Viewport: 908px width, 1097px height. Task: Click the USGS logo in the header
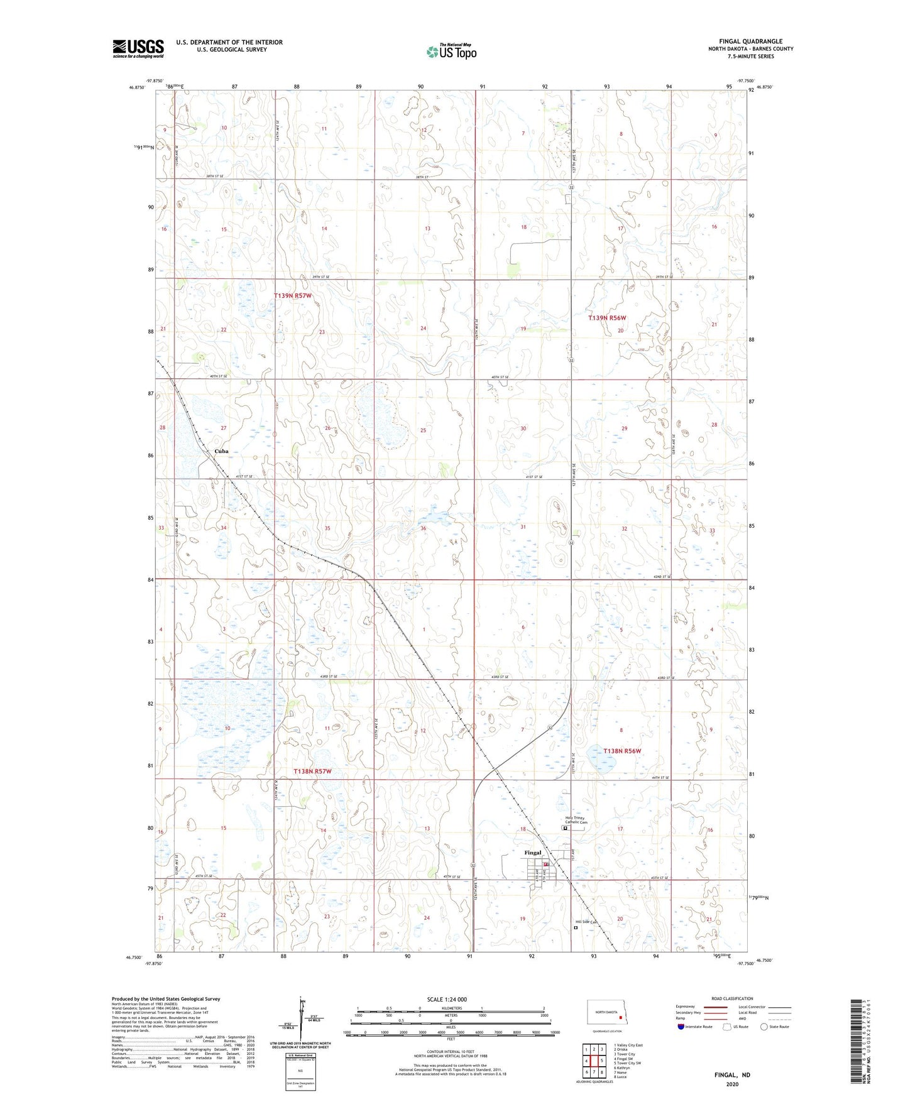coord(138,48)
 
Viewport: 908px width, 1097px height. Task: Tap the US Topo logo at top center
coord(451,52)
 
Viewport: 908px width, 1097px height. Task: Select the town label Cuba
coord(221,451)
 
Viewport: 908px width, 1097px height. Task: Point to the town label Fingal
coord(532,853)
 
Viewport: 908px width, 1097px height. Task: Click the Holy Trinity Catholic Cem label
coord(576,820)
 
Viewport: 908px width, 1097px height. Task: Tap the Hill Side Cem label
coord(584,922)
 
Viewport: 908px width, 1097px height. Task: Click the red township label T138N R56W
coord(622,751)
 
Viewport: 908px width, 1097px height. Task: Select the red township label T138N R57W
coord(312,771)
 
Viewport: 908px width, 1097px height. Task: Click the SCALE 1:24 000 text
coord(447,999)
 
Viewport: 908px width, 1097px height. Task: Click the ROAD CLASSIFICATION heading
coord(732,998)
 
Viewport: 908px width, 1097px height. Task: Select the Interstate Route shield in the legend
coord(682,1027)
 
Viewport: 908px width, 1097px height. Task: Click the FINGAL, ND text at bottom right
coord(732,1075)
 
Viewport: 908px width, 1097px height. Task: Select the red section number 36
coord(423,528)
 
